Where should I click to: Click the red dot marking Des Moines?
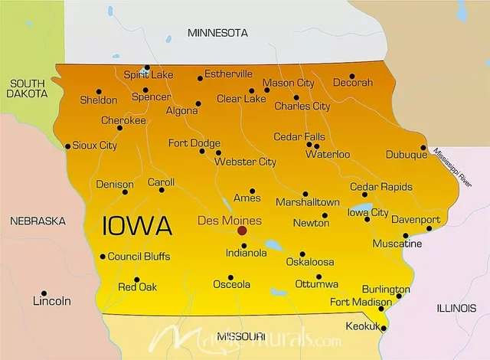click(x=242, y=230)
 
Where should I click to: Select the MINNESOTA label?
click(x=218, y=33)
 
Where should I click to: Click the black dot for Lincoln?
click(x=44, y=293)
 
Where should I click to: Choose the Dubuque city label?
click(x=406, y=155)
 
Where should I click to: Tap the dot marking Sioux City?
click(x=67, y=146)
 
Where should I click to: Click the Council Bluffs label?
click(x=139, y=257)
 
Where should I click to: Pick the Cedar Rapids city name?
click(x=381, y=187)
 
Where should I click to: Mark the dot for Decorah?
click(x=352, y=76)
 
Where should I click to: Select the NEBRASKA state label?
click(x=38, y=221)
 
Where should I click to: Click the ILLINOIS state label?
click(x=456, y=308)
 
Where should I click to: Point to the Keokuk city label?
click(x=362, y=326)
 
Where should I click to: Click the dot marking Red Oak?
click(x=137, y=280)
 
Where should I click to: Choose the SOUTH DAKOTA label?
click(x=27, y=88)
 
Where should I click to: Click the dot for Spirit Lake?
click(x=147, y=67)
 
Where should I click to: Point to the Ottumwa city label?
click(x=316, y=284)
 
